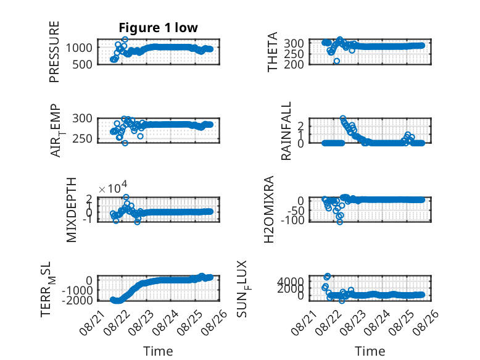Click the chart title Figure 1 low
click(x=159, y=28)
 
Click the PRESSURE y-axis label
click(x=54, y=52)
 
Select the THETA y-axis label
click(x=272, y=52)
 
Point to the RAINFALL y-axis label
click(x=286, y=131)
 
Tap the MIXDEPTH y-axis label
click(x=71, y=210)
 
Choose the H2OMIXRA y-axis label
click(x=268, y=209)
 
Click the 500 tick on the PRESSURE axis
click(x=82, y=65)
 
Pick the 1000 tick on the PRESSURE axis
click(x=79, y=48)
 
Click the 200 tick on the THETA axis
click(x=294, y=65)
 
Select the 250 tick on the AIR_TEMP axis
click(x=82, y=139)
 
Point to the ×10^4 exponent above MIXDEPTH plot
click(x=113, y=188)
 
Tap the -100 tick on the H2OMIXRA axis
click(x=292, y=220)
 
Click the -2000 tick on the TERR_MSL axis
click(x=77, y=300)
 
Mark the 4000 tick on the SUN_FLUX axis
click(x=291, y=281)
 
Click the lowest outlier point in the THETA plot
click(x=337, y=61)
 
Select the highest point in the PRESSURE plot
click(x=125, y=40)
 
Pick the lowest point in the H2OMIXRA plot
click(x=339, y=222)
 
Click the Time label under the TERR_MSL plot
click(x=158, y=351)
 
